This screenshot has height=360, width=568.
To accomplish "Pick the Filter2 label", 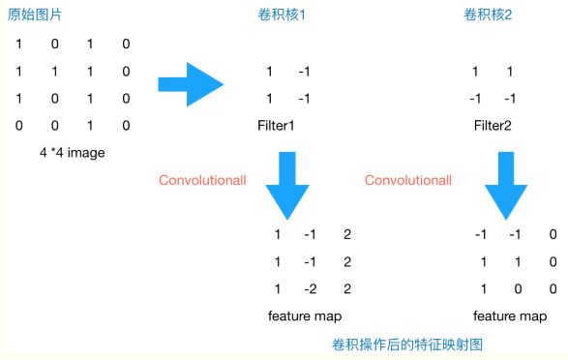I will [x=492, y=126].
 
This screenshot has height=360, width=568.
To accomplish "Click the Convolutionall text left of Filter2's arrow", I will [x=408, y=180].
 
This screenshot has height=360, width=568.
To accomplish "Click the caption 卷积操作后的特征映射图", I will [x=406, y=344].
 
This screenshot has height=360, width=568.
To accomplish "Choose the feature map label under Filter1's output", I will [x=305, y=316].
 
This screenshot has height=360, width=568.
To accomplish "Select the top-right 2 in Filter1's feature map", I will [x=347, y=234].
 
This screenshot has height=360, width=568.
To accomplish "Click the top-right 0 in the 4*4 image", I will [x=126, y=45].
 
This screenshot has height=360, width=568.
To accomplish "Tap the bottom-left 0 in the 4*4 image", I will [x=18, y=126].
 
